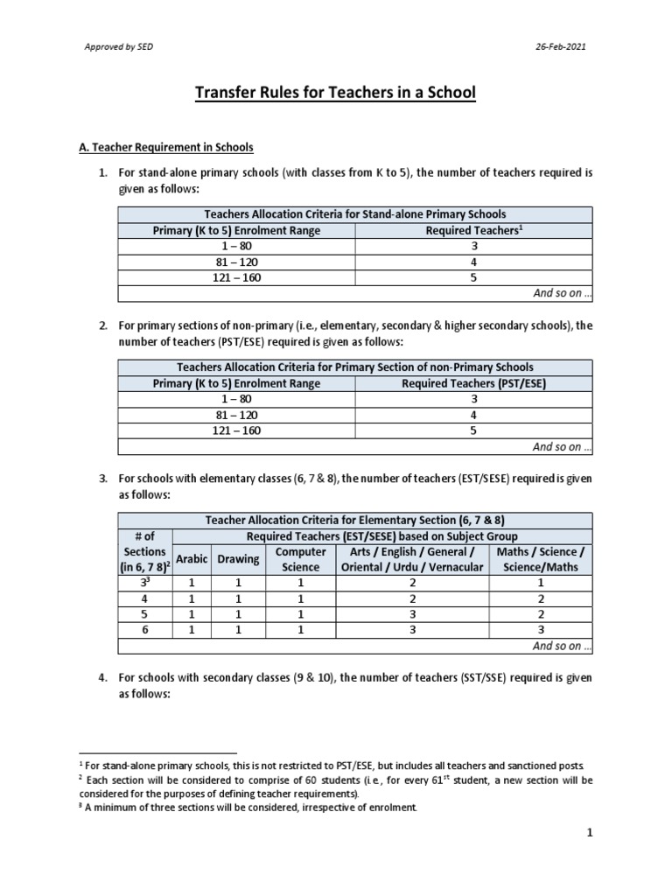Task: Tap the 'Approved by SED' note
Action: [116, 46]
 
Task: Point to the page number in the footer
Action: [590, 833]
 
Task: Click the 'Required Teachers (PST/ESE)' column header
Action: [473, 383]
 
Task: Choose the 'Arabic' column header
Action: [192, 559]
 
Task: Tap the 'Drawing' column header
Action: [238, 559]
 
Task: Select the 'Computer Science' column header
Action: [300, 559]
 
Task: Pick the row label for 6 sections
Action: [144, 630]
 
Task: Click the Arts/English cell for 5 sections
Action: [410, 614]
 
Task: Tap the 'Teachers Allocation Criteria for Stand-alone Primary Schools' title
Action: [354, 213]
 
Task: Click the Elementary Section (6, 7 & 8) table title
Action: [354, 520]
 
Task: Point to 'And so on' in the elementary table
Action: [563, 646]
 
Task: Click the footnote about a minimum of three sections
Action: [248, 808]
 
